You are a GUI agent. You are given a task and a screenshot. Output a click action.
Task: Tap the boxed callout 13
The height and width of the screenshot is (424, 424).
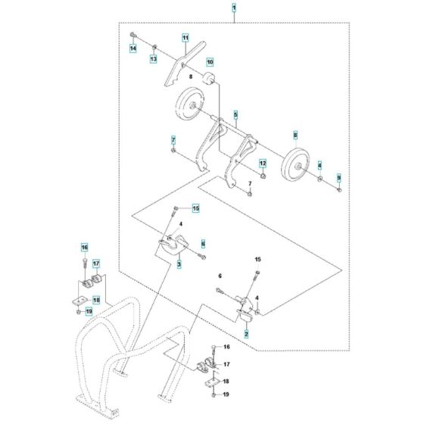pos(152,58)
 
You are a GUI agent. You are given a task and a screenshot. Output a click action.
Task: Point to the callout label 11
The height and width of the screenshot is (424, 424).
pos(185,37)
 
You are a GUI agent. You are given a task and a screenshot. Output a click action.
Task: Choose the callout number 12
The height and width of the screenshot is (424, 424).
pos(263,163)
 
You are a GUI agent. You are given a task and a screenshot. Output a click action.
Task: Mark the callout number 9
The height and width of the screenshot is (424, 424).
pos(339,176)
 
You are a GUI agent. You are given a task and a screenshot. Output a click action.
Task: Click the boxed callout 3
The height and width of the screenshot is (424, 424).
pos(179,264)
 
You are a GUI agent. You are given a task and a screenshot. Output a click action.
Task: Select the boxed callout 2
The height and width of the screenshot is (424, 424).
pos(246,332)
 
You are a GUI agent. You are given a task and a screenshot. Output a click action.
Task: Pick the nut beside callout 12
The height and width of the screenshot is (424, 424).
pos(261,176)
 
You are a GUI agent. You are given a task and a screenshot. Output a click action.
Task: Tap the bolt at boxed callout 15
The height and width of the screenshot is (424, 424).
pos(176,210)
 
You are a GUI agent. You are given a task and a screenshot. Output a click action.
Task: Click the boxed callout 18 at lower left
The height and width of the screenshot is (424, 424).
pos(96,300)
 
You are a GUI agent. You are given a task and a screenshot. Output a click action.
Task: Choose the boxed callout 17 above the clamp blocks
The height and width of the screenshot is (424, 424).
pos(96,263)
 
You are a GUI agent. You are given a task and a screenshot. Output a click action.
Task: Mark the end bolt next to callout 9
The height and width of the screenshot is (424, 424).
pos(338,189)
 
